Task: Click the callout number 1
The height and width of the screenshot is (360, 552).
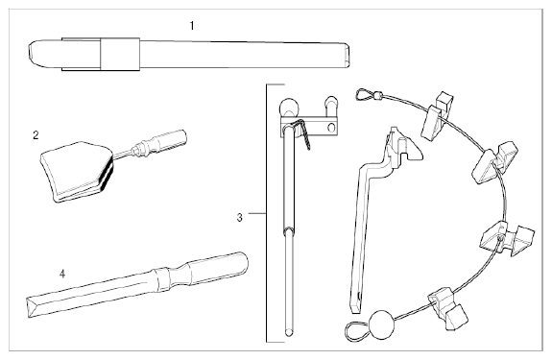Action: point(192,26)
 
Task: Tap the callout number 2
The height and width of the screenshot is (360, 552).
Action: point(36,134)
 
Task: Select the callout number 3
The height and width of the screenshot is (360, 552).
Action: point(239,218)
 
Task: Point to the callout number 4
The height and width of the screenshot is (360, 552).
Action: point(62,274)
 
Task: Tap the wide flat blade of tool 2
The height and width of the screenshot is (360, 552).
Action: point(77,172)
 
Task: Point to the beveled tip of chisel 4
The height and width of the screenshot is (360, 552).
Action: point(34,307)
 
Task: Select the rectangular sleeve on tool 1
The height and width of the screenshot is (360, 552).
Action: point(120,54)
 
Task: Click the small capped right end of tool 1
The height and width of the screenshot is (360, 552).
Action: point(347,56)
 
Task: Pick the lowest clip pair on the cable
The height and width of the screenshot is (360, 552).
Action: point(447,308)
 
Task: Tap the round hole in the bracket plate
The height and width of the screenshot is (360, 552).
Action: point(331,127)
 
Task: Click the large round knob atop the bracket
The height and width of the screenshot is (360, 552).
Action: point(290,108)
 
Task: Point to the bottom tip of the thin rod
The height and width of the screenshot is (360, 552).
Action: point(289,332)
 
